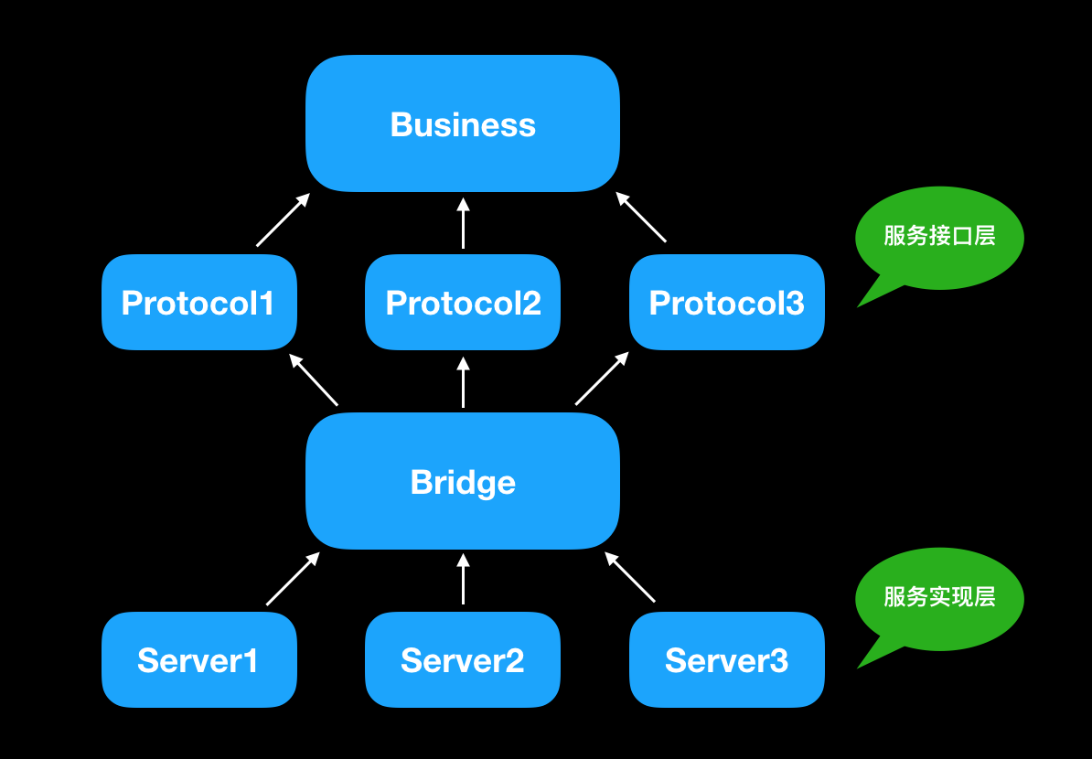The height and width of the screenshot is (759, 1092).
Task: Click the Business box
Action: tap(463, 123)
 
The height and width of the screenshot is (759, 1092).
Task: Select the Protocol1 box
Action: tap(199, 303)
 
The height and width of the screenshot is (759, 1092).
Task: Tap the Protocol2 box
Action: tap(463, 303)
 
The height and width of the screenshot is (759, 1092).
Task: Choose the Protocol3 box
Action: tap(727, 303)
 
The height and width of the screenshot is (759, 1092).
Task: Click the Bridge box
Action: tap(463, 481)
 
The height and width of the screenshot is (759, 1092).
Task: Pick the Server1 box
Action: tap(199, 659)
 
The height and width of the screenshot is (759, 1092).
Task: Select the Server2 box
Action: tap(463, 659)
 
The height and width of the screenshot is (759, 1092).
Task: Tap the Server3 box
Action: tap(727, 659)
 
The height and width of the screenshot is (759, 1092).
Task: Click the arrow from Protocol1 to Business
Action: tap(283, 220)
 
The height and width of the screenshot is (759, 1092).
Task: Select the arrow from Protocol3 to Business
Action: tap(641, 218)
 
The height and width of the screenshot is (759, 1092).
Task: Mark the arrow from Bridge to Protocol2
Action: tap(463, 383)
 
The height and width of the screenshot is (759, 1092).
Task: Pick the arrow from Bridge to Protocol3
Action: tap(602, 379)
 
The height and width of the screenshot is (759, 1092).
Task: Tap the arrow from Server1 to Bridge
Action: tap(293, 579)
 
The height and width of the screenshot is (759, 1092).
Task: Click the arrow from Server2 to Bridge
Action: tap(463, 580)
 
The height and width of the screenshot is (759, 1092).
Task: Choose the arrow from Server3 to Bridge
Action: tap(630, 577)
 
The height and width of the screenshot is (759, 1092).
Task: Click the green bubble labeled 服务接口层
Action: tap(939, 237)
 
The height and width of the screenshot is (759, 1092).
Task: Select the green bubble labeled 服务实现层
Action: tap(939, 598)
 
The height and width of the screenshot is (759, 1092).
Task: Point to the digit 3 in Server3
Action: tap(778, 660)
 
